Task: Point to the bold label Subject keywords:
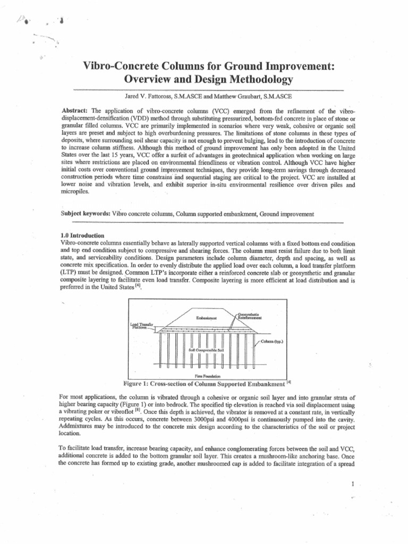click(86, 214)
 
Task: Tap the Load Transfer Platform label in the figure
click(141, 326)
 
